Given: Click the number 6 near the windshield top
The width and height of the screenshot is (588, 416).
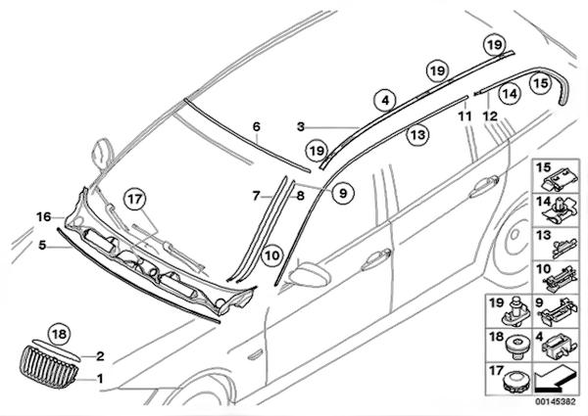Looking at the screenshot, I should [257, 126].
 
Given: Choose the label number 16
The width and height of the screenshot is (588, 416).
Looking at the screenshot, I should [43, 216].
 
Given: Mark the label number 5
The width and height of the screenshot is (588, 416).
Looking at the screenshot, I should [43, 245].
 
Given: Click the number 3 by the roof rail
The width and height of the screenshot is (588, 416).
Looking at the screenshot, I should [302, 126].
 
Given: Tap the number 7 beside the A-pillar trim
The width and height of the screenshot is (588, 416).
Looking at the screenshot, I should [257, 196].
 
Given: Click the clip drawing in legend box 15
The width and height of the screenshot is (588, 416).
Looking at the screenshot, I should [556, 179].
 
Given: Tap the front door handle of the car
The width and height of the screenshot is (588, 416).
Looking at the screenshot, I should [375, 260].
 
